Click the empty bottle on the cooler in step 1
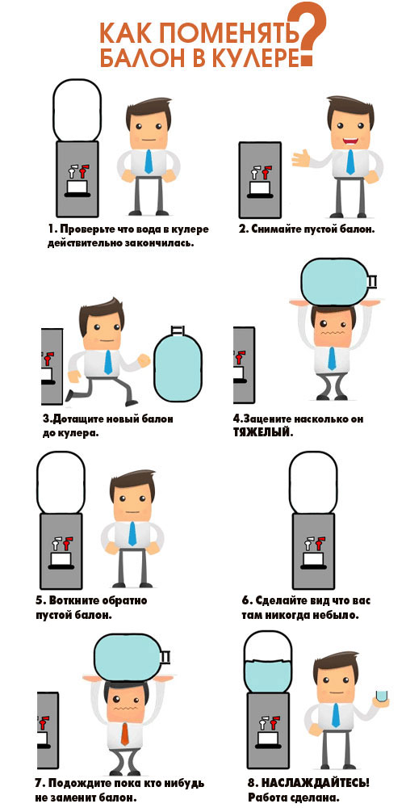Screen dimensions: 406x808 point(76,110)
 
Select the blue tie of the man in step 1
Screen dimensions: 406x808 point(149,162)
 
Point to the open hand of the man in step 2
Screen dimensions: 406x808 point(302,158)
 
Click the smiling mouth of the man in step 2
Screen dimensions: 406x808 point(351,139)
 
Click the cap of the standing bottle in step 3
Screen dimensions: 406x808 point(178,330)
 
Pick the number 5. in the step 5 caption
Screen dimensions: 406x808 point(40,601)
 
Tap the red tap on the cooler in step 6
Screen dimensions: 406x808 point(320,541)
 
